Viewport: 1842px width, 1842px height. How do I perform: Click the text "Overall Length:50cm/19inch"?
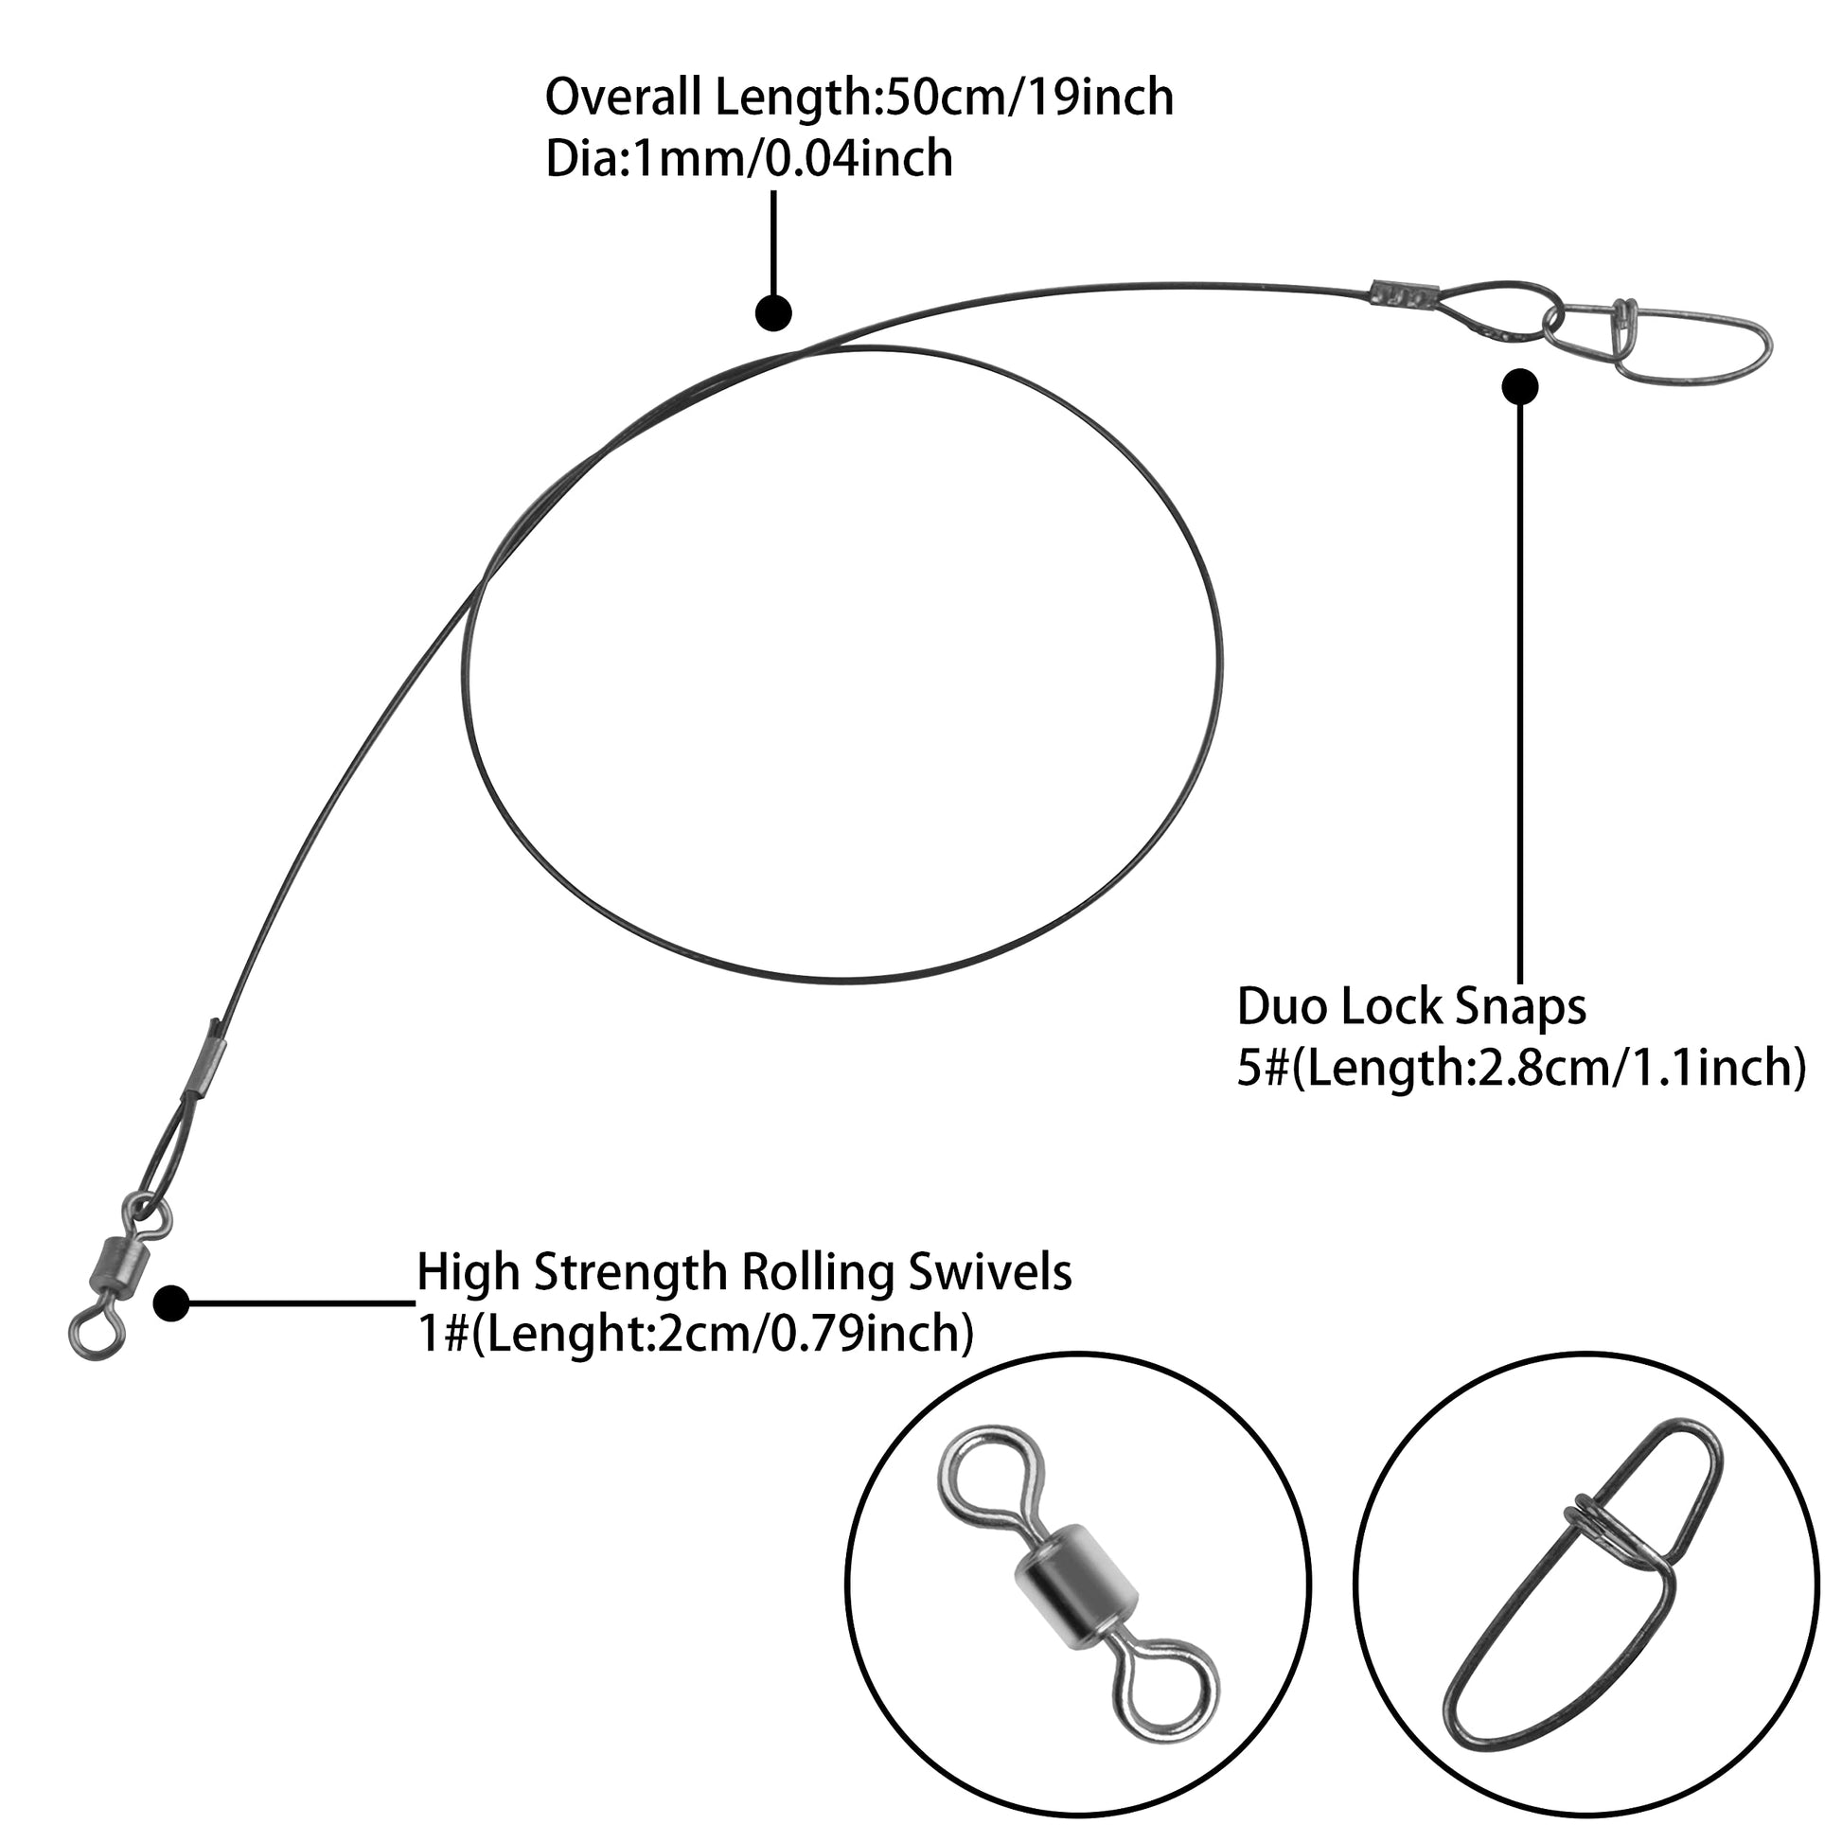pyautogui.click(x=859, y=98)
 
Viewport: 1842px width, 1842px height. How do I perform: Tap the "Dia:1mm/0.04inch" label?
pyautogui.click(x=749, y=159)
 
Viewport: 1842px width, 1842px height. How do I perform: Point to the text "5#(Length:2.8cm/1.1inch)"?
pyautogui.click(x=1521, y=1068)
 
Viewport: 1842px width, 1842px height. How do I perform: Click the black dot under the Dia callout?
pyautogui.click(x=773, y=312)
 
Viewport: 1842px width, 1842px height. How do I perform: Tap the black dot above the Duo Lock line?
pyautogui.click(x=1520, y=386)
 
